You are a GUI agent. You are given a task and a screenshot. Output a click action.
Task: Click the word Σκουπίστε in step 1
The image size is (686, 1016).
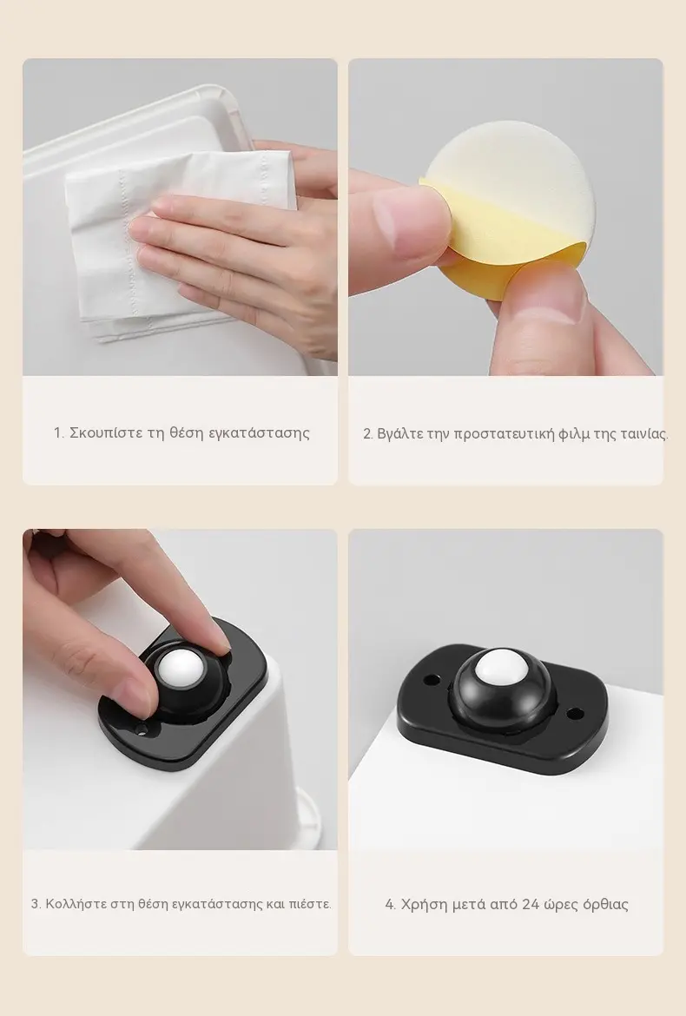coord(106,432)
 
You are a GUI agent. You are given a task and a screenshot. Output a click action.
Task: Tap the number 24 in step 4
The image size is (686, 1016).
coord(531,905)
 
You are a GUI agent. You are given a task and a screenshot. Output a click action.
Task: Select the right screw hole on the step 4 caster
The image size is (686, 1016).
coord(572,713)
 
